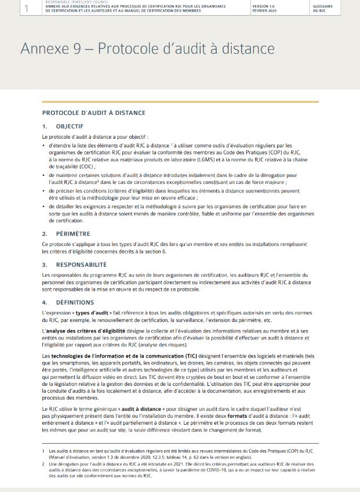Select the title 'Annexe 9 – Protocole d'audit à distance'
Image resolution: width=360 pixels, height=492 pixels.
click(147, 49)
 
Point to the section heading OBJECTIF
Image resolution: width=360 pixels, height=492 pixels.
click(70, 126)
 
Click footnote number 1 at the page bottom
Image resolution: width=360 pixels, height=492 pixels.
click(44, 450)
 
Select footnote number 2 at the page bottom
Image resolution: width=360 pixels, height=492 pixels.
click(44, 464)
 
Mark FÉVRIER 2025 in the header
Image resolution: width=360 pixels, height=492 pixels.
click(264, 10)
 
